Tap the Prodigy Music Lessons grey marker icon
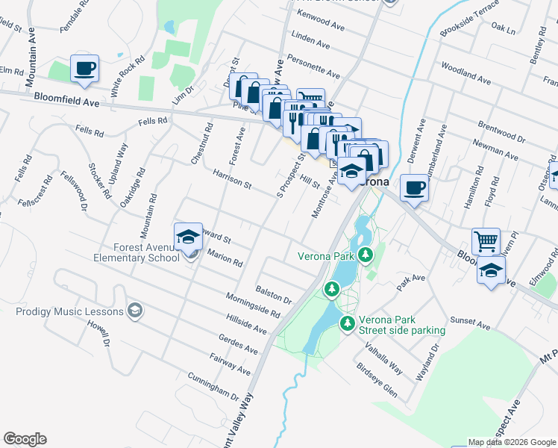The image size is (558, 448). [x=135, y=310]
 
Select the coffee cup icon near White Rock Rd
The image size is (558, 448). [x=84, y=68]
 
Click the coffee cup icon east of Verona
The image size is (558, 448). [x=414, y=187]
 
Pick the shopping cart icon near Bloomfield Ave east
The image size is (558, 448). [x=486, y=241]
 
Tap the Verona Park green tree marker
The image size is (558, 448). [x=365, y=255]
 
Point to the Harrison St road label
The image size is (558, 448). [x=232, y=179]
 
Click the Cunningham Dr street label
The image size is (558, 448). [x=213, y=386]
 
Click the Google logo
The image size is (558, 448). [x=25, y=439]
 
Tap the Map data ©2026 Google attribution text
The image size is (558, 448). [x=511, y=442]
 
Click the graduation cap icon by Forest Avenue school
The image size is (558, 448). [x=189, y=237]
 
